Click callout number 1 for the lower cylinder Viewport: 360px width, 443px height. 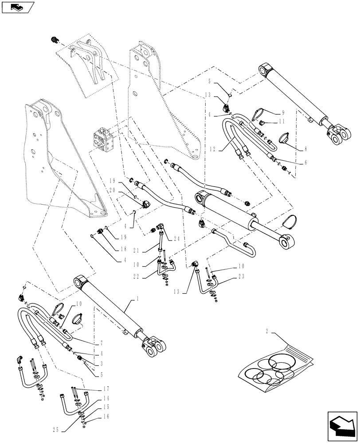[137, 300]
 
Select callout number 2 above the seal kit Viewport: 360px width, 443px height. [267, 331]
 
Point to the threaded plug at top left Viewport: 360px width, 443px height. [55, 40]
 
